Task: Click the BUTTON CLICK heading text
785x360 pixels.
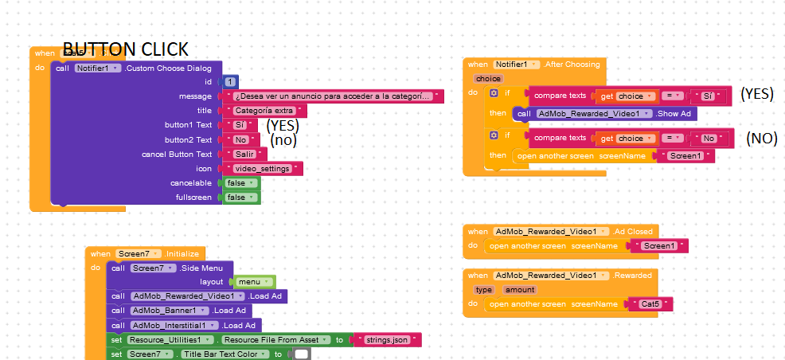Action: [x=125, y=48]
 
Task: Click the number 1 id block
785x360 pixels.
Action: [x=230, y=82]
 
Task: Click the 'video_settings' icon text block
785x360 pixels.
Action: [x=263, y=168]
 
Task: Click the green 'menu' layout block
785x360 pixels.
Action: [x=254, y=282]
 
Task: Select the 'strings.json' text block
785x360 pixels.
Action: [x=387, y=340]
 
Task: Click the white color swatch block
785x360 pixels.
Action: [x=301, y=354]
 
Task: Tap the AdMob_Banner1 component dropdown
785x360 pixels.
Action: [x=170, y=311]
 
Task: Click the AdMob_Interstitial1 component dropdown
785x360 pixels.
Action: [x=174, y=325]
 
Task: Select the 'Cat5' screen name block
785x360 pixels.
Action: [x=650, y=304]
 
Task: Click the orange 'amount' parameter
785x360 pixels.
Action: [x=519, y=290]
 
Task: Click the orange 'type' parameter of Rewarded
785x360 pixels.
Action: [x=483, y=290]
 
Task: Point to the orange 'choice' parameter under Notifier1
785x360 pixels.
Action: [x=487, y=79]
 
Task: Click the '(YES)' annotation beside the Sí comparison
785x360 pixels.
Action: [x=756, y=94]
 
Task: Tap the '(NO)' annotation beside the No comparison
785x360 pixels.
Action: [x=761, y=138]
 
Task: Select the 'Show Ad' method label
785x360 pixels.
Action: [x=675, y=114]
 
